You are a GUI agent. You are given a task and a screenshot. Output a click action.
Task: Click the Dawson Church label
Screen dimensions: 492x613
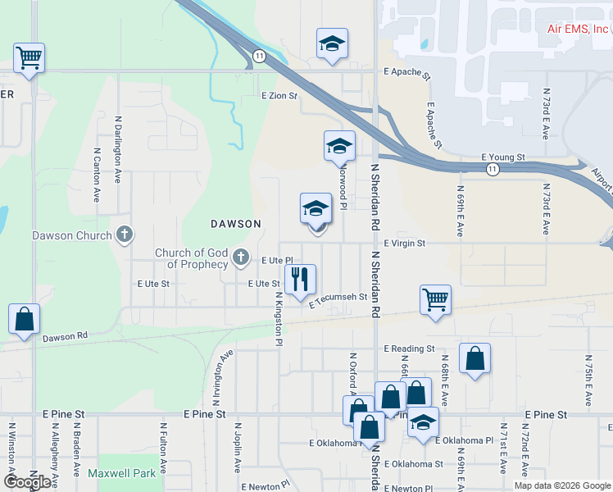point(71,236)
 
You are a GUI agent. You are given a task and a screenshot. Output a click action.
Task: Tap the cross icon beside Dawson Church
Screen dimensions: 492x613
point(125,235)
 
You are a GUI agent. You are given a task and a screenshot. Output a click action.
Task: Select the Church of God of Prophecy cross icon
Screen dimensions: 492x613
point(241,257)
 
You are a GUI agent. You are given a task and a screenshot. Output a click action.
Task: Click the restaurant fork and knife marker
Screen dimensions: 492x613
point(300,279)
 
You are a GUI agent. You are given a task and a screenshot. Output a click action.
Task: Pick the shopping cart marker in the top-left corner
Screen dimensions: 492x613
point(29,57)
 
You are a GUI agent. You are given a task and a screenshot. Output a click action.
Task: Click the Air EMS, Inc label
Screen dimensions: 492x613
point(579,28)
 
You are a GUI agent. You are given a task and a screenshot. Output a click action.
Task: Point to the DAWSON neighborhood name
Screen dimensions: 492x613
point(235,223)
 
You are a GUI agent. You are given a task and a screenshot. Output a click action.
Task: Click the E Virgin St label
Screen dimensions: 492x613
point(405,244)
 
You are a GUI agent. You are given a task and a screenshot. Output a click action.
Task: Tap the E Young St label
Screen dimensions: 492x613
point(502,156)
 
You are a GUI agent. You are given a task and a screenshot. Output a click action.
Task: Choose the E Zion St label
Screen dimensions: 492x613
point(279,96)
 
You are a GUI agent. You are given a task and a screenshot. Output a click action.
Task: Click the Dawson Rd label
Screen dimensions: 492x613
point(65,336)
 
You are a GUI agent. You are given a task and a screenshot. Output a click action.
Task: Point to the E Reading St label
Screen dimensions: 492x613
point(409,348)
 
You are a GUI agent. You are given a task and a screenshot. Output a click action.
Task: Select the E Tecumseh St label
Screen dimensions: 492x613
point(338,301)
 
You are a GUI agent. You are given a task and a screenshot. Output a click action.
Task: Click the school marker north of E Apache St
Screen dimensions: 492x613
point(332,43)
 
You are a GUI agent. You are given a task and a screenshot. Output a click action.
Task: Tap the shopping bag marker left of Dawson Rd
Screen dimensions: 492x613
point(24,319)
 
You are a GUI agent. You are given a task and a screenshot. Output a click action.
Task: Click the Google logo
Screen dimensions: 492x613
point(28,481)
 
